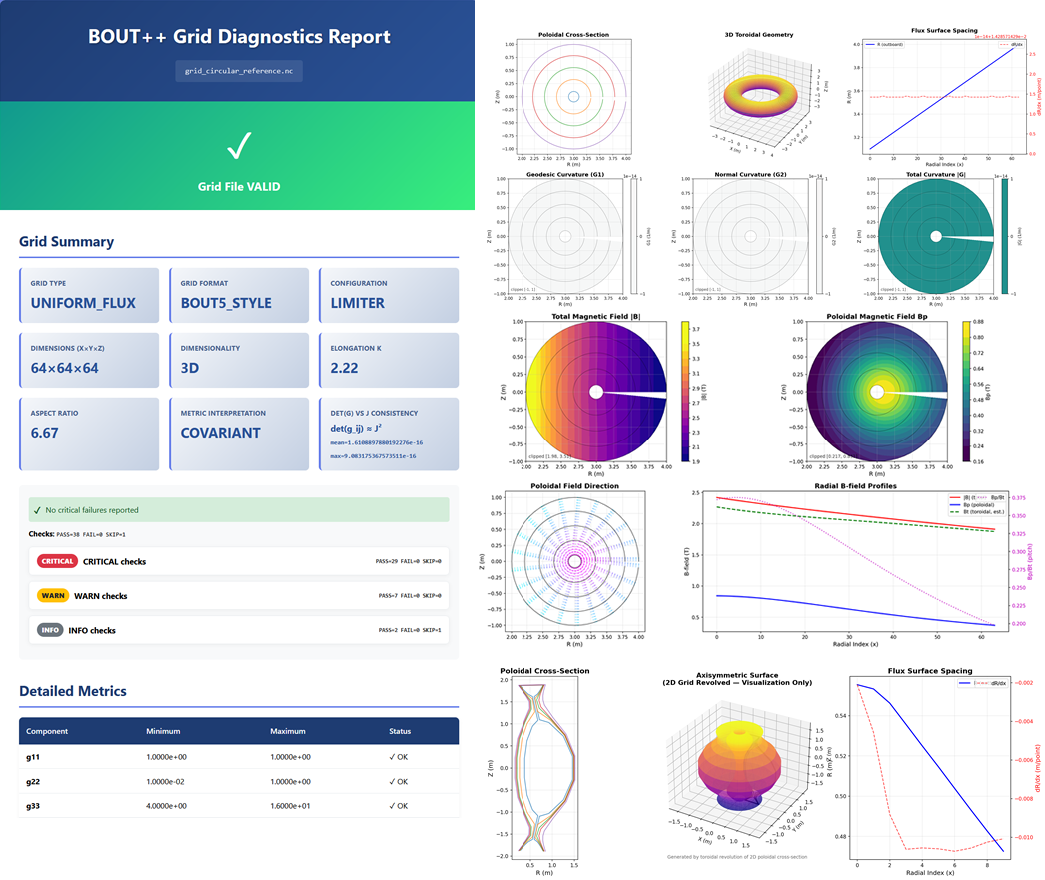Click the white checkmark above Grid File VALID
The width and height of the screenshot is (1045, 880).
click(x=237, y=147)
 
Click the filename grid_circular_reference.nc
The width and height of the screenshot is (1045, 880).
click(x=237, y=72)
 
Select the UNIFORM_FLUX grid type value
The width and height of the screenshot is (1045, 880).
click(x=82, y=303)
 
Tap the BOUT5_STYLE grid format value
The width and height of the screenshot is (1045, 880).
click(x=225, y=303)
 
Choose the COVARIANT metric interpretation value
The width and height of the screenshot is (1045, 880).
click(x=220, y=433)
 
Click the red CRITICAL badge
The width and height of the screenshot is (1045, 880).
click(x=58, y=561)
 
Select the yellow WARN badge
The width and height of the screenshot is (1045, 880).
click(x=53, y=596)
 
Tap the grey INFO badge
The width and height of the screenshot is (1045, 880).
click(x=51, y=630)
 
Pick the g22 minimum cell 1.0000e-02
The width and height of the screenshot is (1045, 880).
click(x=173, y=782)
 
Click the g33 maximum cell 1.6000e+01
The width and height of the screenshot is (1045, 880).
click(x=297, y=806)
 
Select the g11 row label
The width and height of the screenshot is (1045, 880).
click(x=33, y=757)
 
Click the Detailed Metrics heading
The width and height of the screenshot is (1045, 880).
click(x=72, y=691)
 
